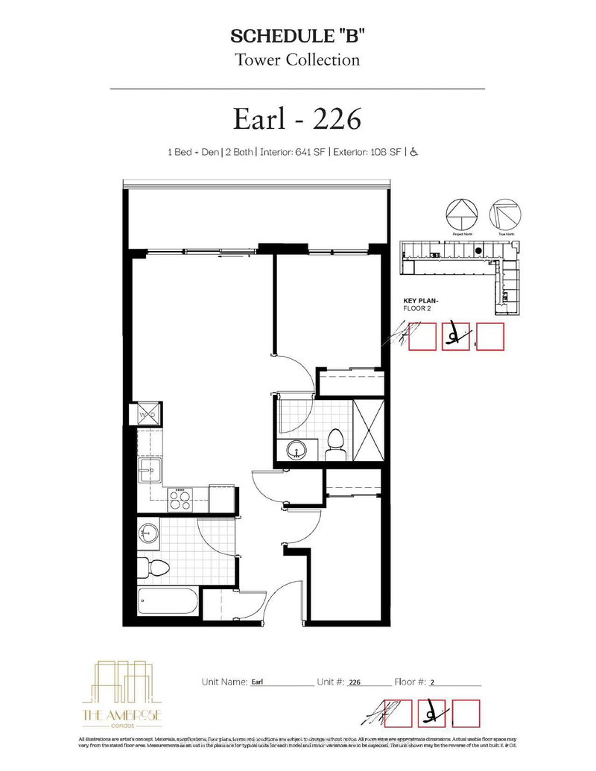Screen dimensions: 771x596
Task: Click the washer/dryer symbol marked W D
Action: click(x=147, y=415)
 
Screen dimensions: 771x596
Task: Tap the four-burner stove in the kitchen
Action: click(x=179, y=498)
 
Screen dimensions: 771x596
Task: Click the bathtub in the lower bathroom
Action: click(x=168, y=599)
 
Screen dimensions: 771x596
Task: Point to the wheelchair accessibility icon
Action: click(x=414, y=153)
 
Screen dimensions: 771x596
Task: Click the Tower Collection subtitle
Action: click(x=297, y=60)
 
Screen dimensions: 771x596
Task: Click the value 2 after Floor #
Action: click(x=432, y=682)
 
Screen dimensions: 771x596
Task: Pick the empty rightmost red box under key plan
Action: click(x=490, y=337)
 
